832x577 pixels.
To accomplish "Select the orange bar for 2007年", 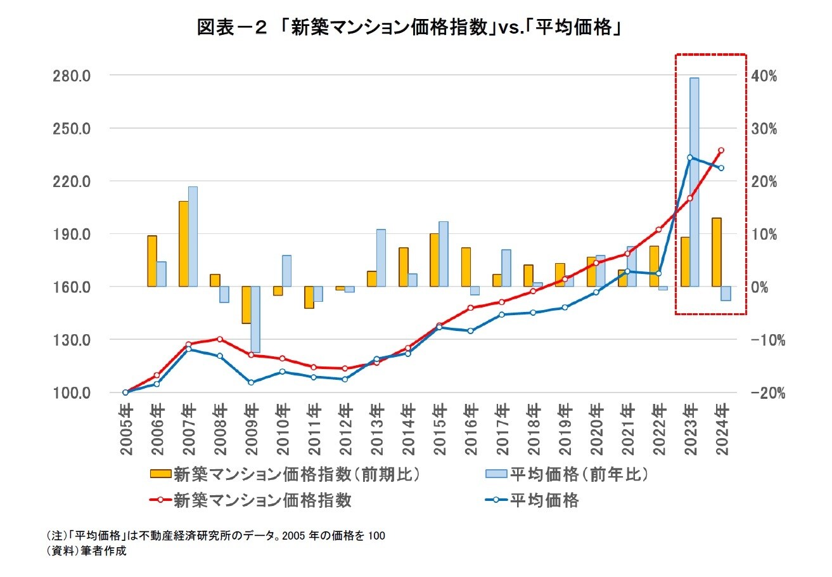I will point(184,243).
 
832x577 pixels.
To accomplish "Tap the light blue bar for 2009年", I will point(255,319).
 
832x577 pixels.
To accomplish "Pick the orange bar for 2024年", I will point(716,252).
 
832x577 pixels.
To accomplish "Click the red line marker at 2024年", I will point(721,150).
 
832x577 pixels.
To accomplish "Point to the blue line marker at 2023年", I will point(690,157).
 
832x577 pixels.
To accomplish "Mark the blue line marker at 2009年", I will point(251,382).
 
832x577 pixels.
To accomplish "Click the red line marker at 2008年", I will point(219,339).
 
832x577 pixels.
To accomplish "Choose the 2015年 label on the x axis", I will point(438,430).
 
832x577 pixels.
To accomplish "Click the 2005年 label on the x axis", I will point(125,430).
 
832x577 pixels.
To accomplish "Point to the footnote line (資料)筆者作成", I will point(87,551).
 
